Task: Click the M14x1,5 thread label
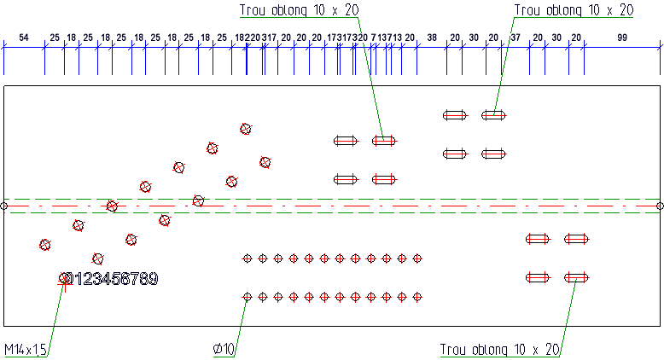(25, 350)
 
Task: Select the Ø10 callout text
(224, 350)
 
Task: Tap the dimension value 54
(24, 38)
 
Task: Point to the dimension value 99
(621, 38)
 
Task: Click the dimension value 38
(432, 38)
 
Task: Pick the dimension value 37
(515, 38)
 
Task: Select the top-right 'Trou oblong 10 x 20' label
(574, 9)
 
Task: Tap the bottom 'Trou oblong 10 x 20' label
(499, 350)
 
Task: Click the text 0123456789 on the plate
(112, 279)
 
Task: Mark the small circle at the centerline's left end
(3, 206)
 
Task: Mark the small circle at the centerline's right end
(660, 206)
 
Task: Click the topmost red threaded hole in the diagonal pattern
(246, 129)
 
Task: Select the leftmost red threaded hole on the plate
(45, 245)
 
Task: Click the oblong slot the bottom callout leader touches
(577, 276)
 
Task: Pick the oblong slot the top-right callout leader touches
(494, 114)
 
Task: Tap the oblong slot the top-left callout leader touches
(384, 141)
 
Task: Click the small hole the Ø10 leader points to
(248, 297)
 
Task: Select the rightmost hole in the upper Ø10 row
(417, 258)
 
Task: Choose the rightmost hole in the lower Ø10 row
(417, 297)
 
